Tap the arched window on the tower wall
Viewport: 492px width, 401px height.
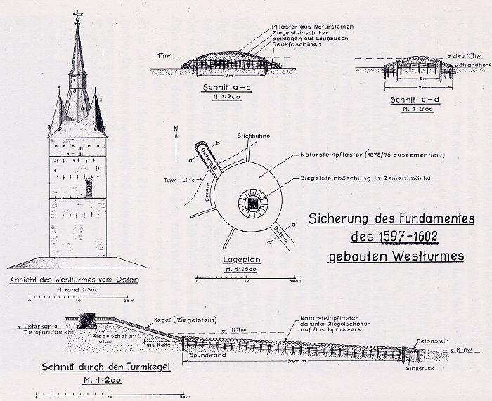(x=89, y=188)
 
